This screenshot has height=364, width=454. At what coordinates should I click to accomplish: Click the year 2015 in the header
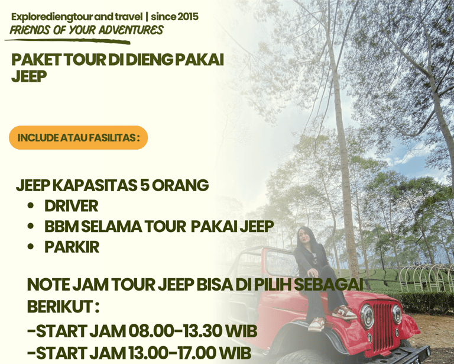coord(187,17)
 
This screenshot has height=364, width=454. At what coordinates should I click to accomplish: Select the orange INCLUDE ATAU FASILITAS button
coord(79,138)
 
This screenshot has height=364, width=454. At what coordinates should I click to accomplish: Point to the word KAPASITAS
coord(95,185)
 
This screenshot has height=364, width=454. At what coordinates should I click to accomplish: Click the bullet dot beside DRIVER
coord(31,205)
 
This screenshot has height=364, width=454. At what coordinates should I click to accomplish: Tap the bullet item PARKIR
coord(72,247)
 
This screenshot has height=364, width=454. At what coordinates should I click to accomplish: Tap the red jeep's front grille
coord(382,326)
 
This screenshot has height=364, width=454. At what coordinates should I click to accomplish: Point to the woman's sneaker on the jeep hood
coord(344,312)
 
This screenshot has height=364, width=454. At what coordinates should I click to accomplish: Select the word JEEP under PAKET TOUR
coord(29,76)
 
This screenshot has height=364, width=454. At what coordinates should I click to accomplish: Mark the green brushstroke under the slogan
coord(67,41)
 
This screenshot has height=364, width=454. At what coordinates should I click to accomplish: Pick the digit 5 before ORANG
coord(144,185)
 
